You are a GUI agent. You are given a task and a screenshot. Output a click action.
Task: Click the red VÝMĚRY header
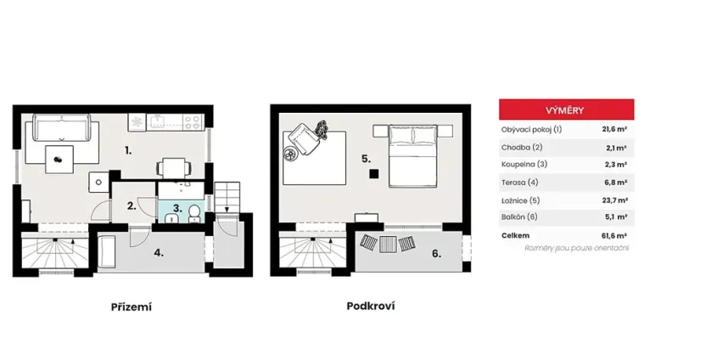coord(565,110)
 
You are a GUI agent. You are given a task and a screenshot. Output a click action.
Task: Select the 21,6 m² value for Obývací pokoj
coord(614,130)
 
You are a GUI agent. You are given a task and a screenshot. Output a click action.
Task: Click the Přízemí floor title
coord(131,306)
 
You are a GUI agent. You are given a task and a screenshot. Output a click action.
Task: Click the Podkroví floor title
coord(370,306)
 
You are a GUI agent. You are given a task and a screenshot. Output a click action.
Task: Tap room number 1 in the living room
coord(127,150)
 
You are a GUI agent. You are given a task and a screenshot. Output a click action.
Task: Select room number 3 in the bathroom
coord(176,206)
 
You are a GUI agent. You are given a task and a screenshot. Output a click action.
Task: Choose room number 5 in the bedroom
coord(365,158)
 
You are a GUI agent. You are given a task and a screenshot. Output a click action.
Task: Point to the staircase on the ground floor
coord(53,252)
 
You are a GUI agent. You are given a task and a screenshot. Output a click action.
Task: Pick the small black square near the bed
coord(373,174)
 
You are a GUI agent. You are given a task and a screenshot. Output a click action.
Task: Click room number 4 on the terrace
coord(159,253)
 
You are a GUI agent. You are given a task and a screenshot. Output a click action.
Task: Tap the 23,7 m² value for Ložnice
coord(614,200)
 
